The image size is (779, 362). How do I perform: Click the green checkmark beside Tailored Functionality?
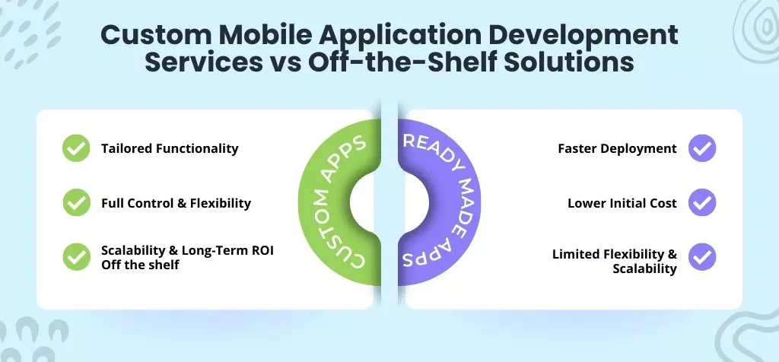[x=75, y=148]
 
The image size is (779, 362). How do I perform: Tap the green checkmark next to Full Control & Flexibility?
[x=75, y=203]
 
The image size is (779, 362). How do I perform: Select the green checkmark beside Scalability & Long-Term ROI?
[x=75, y=257]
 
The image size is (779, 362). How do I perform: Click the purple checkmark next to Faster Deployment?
[x=701, y=148]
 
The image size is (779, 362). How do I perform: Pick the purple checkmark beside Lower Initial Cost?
[x=701, y=203]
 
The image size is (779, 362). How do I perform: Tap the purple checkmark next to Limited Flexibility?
[x=701, y=257]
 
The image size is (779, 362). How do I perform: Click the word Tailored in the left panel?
[x=126, y=148]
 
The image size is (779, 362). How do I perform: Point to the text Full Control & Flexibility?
[x=176, y=203]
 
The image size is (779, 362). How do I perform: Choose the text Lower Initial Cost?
[x=622, y=203]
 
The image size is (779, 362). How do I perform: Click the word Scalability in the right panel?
[x=644, y=268]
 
